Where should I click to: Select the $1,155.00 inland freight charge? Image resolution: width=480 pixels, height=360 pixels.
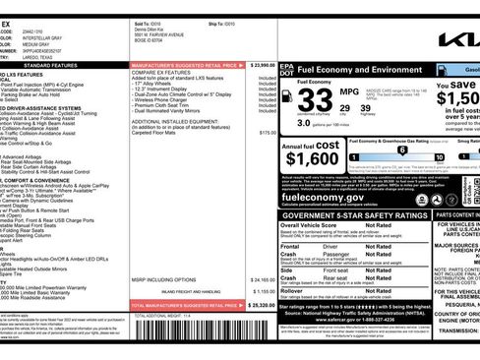tap(260, 291)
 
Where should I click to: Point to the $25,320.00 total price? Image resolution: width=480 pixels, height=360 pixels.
tap(259, 305)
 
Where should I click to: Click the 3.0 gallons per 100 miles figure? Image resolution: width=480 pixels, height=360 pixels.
tap(305, 124)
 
